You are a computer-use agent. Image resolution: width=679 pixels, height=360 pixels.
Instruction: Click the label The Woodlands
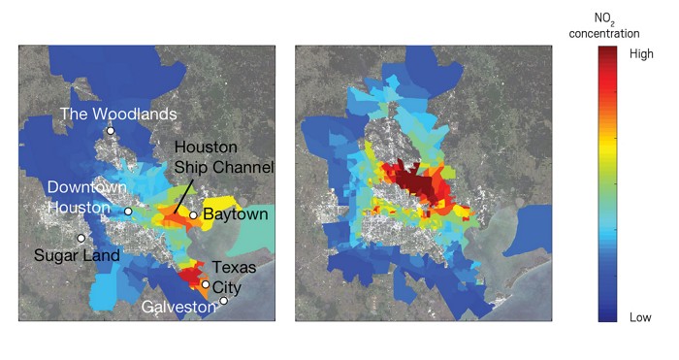[117, 114]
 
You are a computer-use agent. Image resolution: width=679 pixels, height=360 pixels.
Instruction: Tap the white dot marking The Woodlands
[111, 130]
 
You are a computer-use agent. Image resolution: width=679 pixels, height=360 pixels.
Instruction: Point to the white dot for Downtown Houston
[128, 211]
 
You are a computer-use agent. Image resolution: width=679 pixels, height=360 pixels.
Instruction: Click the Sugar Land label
[77, 255]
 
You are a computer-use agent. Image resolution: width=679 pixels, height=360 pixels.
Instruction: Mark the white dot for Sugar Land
[81, 238]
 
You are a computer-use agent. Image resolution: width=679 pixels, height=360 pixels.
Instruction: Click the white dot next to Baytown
[193, 215]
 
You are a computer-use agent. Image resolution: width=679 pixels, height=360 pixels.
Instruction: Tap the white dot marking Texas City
[205, 284]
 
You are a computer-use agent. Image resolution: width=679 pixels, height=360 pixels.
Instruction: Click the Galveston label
[179, 306]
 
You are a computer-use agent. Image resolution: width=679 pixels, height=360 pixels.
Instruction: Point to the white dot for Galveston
[223, 301]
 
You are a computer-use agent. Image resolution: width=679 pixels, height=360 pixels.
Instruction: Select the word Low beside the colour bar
[639, 317]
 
